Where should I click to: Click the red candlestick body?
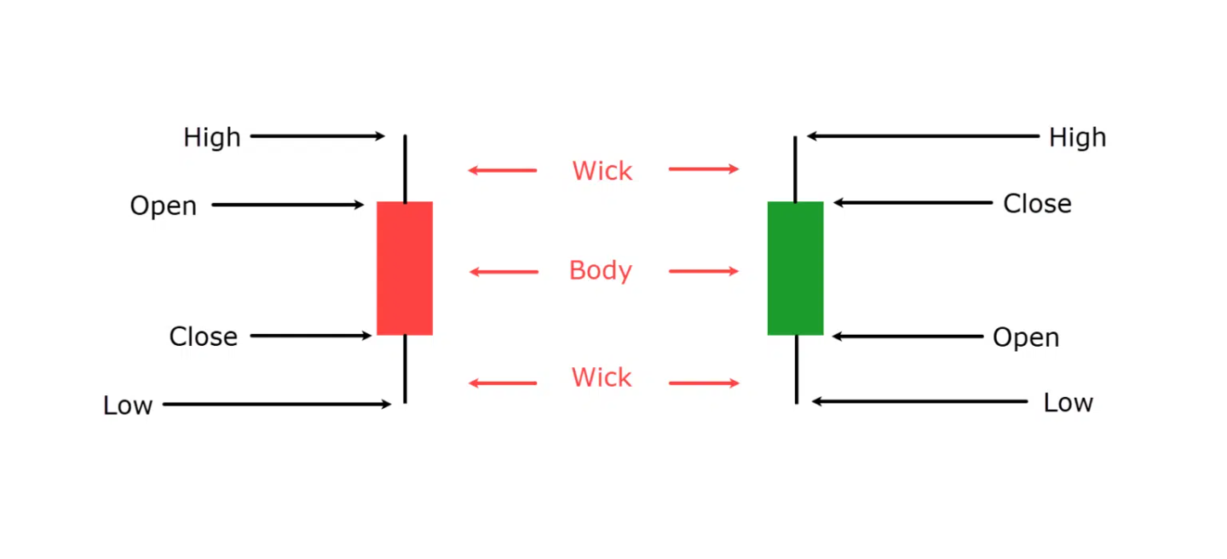405,268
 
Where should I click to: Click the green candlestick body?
795,268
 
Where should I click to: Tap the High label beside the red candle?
212,137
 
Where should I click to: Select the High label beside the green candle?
1077,137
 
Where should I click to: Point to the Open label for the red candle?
164,206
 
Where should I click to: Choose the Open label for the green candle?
1026,337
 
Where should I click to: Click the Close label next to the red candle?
203,337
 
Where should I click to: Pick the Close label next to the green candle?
1037,204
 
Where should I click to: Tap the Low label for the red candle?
128,406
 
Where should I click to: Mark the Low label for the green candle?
1069,403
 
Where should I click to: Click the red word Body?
601,271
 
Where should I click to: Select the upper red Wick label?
602,171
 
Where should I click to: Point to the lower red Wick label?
602,377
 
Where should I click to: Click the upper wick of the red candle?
406,168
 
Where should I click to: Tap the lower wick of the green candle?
797,369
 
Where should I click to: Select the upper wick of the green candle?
795,170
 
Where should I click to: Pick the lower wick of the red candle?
406,369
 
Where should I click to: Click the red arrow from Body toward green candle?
704,271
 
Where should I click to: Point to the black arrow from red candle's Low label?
277,405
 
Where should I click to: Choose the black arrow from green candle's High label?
923,135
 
